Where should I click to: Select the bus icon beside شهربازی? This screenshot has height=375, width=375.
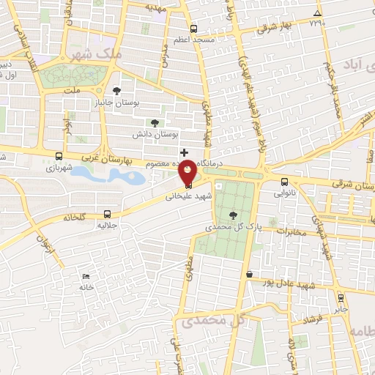coord(59,155)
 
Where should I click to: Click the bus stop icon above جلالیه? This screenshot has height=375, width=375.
coord(108,215)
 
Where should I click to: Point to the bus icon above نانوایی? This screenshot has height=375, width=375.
coord(284,182)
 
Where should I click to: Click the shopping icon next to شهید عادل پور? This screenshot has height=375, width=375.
coord(250,275)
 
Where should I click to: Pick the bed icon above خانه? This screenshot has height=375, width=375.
coord(87,276)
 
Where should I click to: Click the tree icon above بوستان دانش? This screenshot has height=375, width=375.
coord(154,123)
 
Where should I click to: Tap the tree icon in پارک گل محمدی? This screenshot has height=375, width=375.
coord(233,215)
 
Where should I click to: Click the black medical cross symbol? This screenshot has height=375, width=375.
coord(184,152)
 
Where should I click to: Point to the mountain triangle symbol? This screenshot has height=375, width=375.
coord(316,14)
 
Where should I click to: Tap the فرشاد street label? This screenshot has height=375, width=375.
coord(312,320)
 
